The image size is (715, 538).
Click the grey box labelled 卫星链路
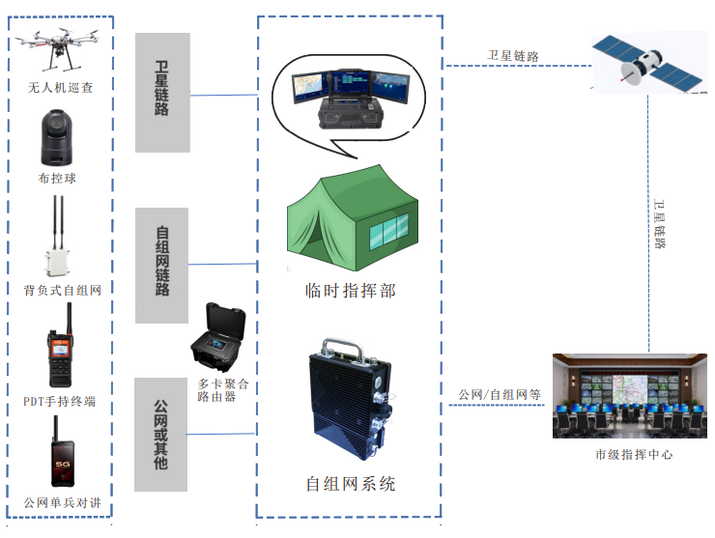tap(162, 92)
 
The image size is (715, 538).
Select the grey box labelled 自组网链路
tap(162, 264)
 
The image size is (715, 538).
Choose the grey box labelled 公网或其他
tap(162, 435)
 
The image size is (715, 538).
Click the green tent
tap(352, 221)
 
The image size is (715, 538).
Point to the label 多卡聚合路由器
tap(221, 390)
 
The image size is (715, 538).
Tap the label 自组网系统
tap(351, 484)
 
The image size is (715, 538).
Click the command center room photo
tap(633, 396)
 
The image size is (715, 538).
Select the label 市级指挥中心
tap(634, 454)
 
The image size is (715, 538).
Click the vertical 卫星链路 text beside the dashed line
tap(660, 224)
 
